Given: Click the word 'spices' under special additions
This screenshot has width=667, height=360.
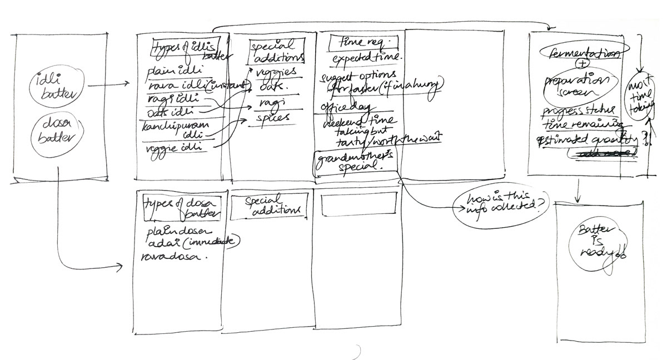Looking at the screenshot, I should tap(273, 118).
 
